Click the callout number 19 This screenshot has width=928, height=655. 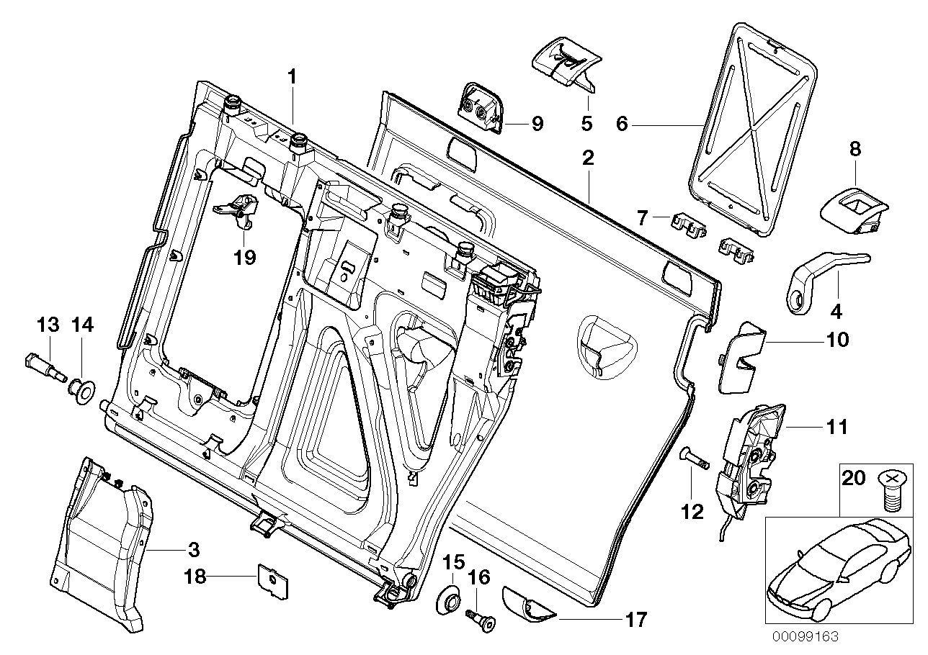tap(246, 258)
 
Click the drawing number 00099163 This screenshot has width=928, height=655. tap(806, 637)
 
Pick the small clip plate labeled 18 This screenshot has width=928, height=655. tap(269, 580)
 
